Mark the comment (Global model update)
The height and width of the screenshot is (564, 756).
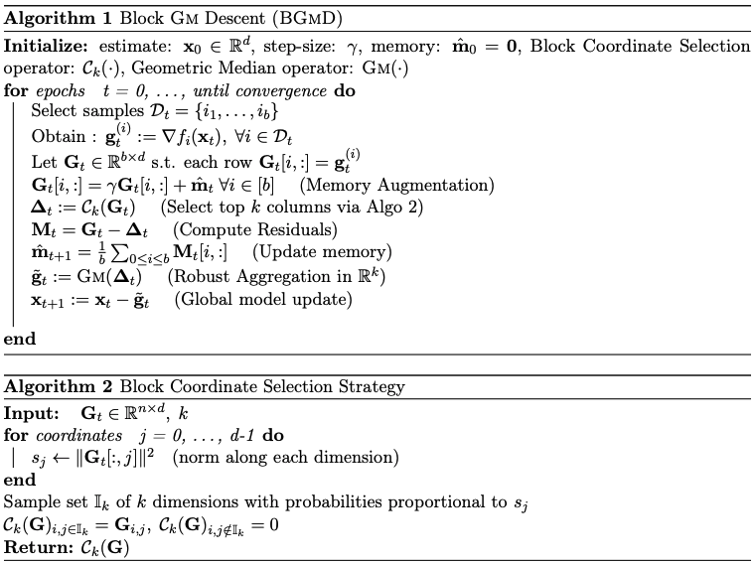pos(263,299)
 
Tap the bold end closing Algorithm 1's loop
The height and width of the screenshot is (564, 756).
pos(19,339)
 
